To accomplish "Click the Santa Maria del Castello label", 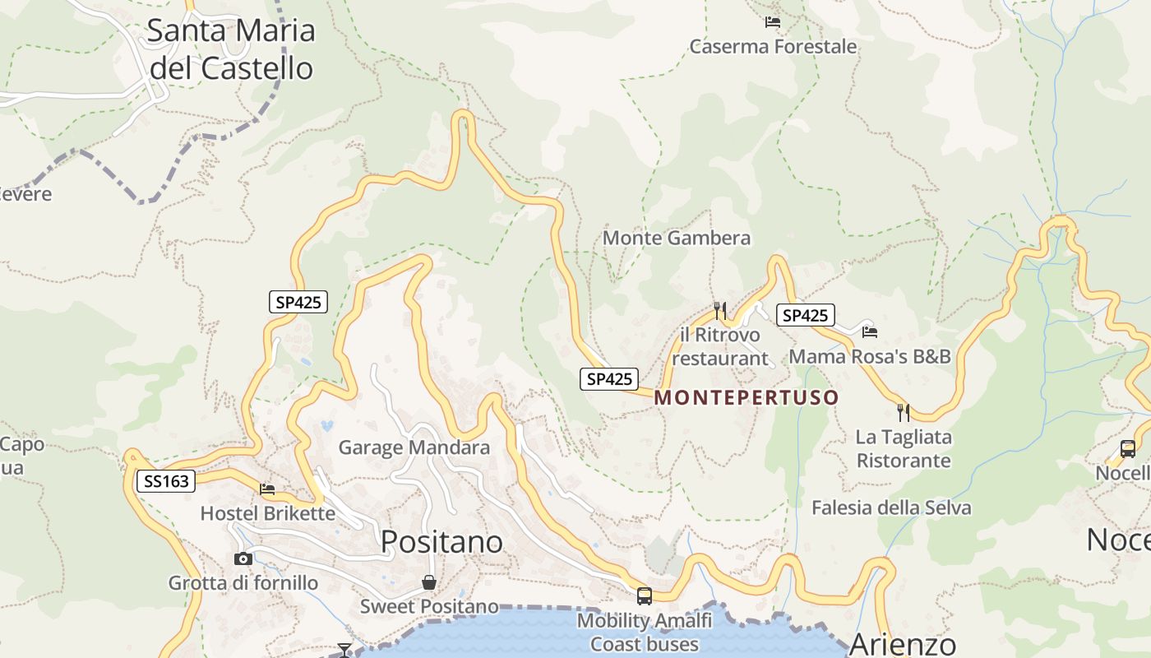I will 231,49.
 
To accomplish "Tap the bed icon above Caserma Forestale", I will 772,22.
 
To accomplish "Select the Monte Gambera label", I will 677,239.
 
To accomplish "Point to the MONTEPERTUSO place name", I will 747,398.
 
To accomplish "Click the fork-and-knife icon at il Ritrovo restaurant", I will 720,310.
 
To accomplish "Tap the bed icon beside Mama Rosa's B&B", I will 870,331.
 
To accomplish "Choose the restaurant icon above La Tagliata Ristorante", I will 904,412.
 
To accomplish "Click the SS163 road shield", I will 165,481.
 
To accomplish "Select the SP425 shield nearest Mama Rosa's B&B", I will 805,315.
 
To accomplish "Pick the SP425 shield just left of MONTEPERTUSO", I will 609,379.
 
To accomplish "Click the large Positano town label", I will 442,542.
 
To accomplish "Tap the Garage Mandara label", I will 414,448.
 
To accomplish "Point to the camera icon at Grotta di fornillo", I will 243,559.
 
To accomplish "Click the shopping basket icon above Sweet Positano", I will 429,583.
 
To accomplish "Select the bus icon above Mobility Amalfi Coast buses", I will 645,596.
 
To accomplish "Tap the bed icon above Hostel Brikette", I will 267,489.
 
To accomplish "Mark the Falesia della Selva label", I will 891,508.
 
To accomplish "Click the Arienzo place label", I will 902,644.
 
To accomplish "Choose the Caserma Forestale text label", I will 773,47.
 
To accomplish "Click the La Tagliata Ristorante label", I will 904,448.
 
